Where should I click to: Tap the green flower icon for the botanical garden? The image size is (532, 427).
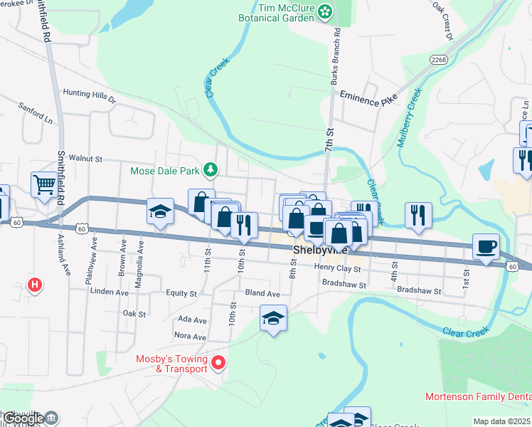[325, 11]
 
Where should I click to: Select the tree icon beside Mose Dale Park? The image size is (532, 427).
[211, 169]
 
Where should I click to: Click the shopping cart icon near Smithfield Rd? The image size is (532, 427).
[44, 185]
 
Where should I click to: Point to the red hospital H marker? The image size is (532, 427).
[34, 286]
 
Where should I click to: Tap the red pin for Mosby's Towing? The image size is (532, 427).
[219, 364]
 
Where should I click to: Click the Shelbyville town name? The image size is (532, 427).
[320, 251]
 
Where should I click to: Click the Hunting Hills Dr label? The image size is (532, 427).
[89, 93]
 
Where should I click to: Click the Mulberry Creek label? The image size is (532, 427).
[410, 117]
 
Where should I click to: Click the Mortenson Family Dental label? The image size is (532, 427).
[478, 396]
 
